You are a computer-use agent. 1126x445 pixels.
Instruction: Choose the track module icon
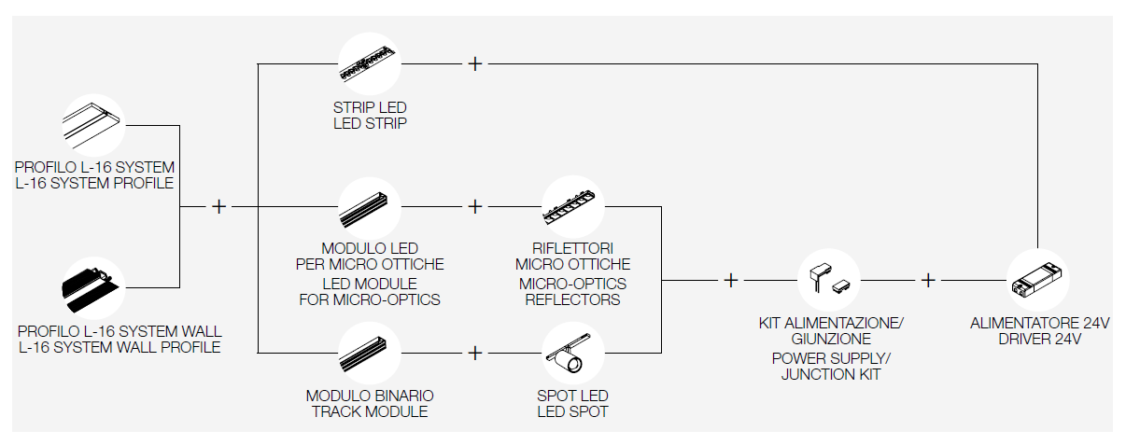[x=369, y=355]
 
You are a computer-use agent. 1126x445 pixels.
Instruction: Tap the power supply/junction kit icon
[x=828, y=279]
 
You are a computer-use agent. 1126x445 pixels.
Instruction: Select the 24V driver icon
[x=1037, y=279]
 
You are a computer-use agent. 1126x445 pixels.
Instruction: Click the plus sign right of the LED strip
[x=475, y=63]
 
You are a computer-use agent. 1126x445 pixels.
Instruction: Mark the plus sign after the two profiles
[x=218, y=206]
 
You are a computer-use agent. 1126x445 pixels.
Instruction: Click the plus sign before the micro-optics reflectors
[x=475, y=206]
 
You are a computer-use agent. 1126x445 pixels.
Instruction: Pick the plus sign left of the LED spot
[x=475, y=354]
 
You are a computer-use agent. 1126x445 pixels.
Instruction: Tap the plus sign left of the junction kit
[x=730, y=279]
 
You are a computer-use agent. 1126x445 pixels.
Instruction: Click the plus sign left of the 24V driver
[x=928, y=279]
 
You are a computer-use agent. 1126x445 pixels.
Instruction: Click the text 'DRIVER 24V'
[x=1039, y=340]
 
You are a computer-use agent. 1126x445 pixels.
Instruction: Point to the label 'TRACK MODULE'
[x=370, y=411]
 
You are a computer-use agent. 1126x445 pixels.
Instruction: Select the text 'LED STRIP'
[x=370, y=123]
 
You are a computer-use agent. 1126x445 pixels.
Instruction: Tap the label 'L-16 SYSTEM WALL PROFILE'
[x=119, y=348]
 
